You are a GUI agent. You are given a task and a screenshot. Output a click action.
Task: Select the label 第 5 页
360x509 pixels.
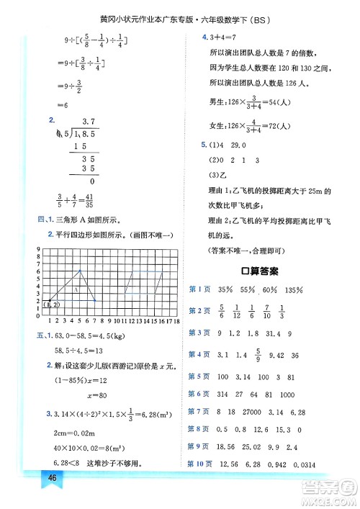[197, 377]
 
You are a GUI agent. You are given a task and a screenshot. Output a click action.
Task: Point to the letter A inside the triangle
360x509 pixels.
[76, 289]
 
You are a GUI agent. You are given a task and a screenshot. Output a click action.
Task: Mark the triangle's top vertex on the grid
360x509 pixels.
[81, 270]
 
